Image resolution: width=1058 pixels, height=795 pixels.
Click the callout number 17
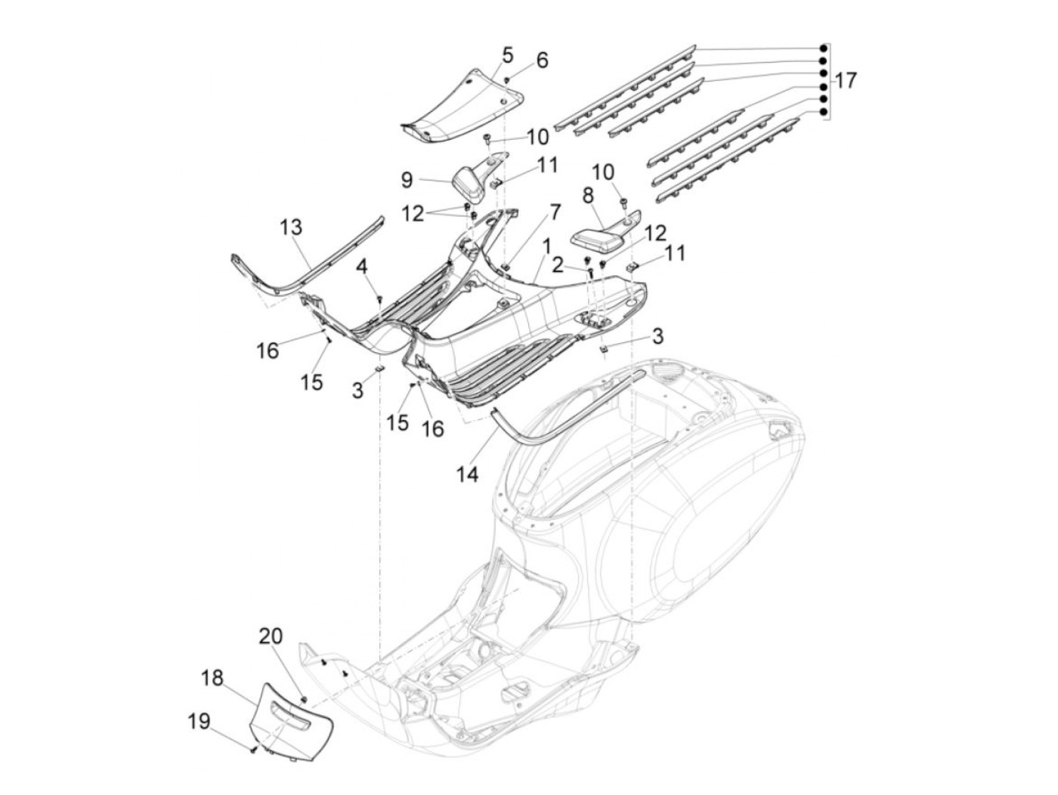(846, 80)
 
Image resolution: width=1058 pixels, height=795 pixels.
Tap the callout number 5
(506, 54)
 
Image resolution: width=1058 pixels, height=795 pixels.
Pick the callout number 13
(290, 227)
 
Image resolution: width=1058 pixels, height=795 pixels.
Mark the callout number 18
(212, 678)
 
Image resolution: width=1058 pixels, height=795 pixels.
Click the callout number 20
(271, 636)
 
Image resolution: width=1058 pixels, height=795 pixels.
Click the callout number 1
(546, 247)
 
